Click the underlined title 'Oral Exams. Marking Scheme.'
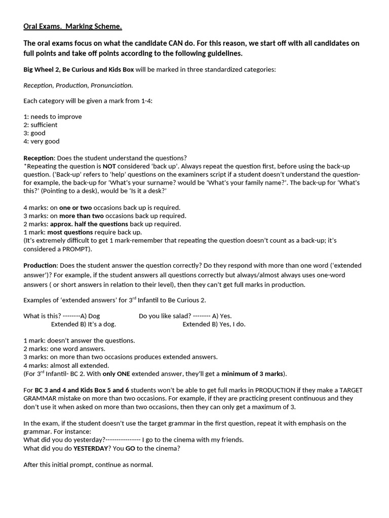click(72, 26)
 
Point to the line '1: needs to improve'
click(52, 116)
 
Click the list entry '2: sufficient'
click(41, 124)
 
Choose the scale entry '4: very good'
click(42, 141)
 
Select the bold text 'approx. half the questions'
click(89, 224)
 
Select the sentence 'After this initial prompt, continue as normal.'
click(88, 464)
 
